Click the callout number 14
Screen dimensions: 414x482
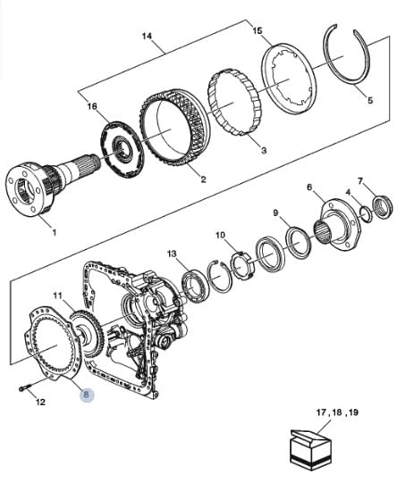(147, 37)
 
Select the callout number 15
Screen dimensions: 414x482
(258, 30)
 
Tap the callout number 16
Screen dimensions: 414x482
(92, 107)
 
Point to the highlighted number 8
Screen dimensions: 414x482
(87, 395)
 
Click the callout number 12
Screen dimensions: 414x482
(40, 402)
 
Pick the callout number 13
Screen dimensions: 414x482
(173, 253)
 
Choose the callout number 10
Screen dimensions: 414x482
(220, 236)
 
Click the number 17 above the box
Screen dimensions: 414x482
(321, 412)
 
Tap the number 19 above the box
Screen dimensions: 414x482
(353, 412)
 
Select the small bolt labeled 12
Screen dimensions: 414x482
(25, 388)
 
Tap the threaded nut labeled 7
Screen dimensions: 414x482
(383, 206)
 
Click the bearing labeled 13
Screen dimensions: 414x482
(193, 287)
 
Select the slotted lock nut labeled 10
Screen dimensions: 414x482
(243, 265)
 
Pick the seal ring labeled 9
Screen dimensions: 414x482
(299, 243)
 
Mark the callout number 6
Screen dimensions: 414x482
(309, 187)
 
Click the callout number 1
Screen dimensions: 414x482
(55, 232)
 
